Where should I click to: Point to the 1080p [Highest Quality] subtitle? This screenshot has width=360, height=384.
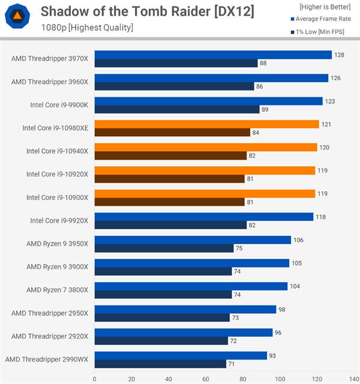coord(87,28)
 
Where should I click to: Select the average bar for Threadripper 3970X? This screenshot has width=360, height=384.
coord(213,55)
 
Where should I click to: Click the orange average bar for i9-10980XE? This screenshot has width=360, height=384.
coord(206,124)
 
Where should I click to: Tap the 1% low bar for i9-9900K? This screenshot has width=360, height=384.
coord(176,109)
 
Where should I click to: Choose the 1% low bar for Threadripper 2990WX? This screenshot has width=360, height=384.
coord(160,364)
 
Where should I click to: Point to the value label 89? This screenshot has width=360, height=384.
coord(266,109)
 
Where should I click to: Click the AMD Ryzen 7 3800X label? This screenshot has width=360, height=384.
coord(57,290)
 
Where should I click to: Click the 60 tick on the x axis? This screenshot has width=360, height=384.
coord(206,379)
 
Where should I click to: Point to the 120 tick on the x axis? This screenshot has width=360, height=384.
coord(317,379)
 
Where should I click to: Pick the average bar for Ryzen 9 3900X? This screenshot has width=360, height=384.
coord(191,263)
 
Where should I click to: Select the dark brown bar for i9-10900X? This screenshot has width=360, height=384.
coord(169,202)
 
